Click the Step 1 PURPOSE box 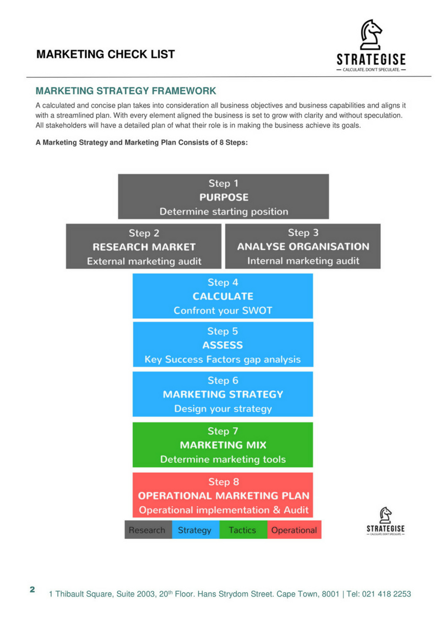click(x=223, y=197)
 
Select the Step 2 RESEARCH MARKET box click(x=144, y=246)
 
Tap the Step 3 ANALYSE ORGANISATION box click(x=303, y=246)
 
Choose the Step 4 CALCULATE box click(x=222, y=296)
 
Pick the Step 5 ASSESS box click(x=222, y=345)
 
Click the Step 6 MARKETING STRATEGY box click(x=222, y=394)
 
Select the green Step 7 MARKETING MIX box click(x=222, y=445)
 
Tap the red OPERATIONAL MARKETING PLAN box click(x=223, y=495)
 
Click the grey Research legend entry click(x=147, y=530)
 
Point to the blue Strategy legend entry click(x=195, y=530)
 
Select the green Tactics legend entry click(x=242, y=530)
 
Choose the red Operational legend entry click(x=294, y=530)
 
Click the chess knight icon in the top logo click(x=370, y=35)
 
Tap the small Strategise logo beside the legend click(x=386, y=521)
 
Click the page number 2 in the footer click(x=32, y=590)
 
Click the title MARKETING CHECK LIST click(x=105, y=54)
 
